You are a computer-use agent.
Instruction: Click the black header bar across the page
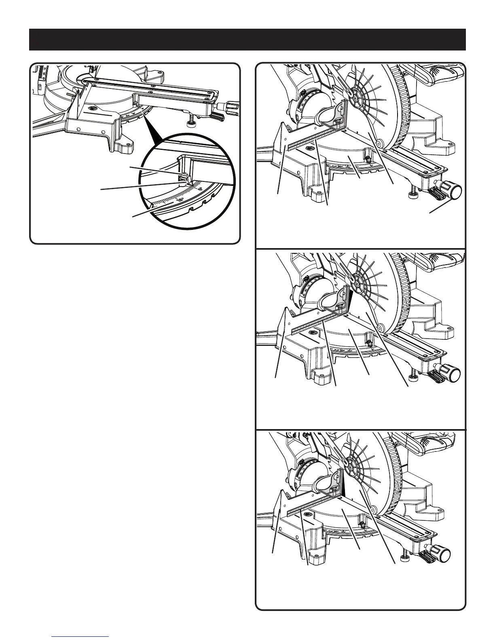tap(247, 39)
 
